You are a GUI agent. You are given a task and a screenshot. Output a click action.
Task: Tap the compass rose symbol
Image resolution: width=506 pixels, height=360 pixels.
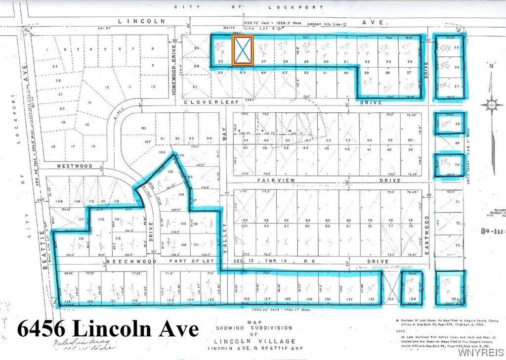491,104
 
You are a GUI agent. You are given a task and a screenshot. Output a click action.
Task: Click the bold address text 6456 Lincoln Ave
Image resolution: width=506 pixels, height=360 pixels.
108,328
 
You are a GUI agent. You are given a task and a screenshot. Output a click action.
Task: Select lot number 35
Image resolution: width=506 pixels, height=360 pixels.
457,48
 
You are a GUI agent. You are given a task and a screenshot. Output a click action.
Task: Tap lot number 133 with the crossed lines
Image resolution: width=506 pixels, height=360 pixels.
390,300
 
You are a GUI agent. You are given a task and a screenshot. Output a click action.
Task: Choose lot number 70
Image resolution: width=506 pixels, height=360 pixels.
457,165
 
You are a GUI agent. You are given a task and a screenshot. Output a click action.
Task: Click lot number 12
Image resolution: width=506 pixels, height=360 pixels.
106,87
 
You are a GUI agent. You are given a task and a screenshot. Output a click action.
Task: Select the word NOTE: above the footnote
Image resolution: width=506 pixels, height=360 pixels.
402,331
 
